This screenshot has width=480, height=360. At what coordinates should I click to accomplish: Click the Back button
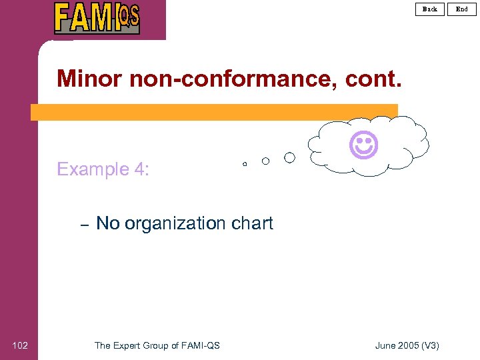pyautogui.click(x=430, y=9)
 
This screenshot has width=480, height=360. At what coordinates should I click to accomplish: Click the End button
pyautogui.click(x=462, y=9)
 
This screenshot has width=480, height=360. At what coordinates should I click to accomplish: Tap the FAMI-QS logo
pyautogui.click(x=97, y=18)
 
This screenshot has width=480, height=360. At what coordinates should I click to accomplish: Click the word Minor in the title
pyautogui.click(x=89, y=79)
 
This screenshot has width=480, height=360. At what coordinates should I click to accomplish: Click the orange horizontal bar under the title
pyautogui.click(x=213, y=112)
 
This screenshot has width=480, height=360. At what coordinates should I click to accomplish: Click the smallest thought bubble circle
pyautogui.click(x=245, y=163)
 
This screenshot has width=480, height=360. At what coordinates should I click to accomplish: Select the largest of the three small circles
pyautogui.click(x=289, y=158)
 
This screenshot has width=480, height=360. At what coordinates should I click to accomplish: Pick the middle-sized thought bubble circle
pyautogui.click(x=265, y=161)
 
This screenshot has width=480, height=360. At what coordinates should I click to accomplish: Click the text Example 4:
pyautogui.click(x=103, y=169)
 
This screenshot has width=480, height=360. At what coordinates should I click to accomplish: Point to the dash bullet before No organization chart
pyautogui.click(x=84, y=225)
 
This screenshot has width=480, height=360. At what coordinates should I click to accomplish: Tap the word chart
pyautogui.click(x=251, y=223)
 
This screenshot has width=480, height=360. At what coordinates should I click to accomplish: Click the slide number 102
pyautogui.click(x=20, y=345)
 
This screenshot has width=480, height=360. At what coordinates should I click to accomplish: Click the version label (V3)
pyautogui.click(x=431, y=345)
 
